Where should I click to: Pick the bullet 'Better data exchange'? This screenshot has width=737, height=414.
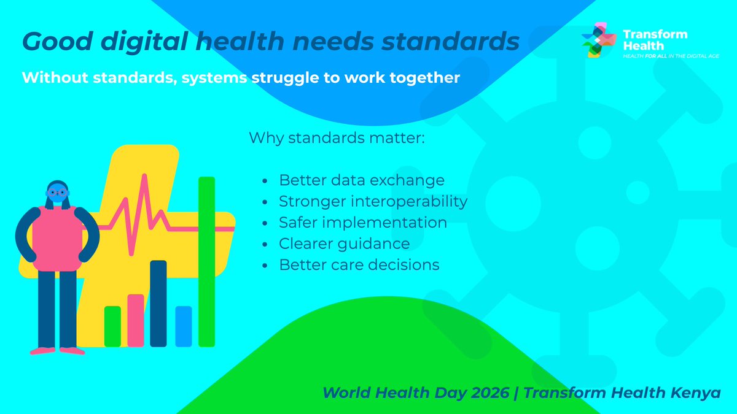pos(361,181)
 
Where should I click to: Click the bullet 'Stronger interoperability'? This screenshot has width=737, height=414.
pos(373,201)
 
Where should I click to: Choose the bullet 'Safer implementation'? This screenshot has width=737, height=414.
pos(362,223)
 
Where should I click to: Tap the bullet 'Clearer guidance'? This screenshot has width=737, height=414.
pos(344,243)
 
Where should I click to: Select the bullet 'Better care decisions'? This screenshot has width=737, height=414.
pos(359,265)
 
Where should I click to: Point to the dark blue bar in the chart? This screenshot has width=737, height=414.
pos(158,304)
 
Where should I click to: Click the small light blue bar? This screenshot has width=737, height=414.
pos(184,326)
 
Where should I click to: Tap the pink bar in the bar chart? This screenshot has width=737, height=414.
pos(136,320)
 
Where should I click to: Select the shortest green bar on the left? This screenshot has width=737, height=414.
pos(112,326)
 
